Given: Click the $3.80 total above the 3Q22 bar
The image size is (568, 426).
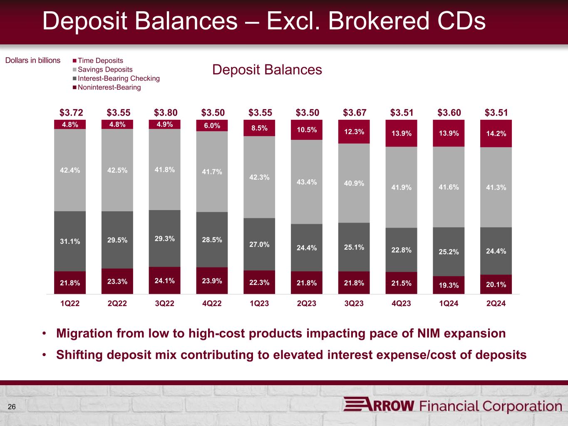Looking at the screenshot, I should [x=166, y=112].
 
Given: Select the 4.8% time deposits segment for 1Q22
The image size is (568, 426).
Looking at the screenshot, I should [x=70, y=124].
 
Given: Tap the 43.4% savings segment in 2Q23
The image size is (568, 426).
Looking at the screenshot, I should [x=307, y=182].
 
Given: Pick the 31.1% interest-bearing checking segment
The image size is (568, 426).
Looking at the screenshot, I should [x=70, y=241].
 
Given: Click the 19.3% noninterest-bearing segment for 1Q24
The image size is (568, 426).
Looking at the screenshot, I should [x=449, y=285].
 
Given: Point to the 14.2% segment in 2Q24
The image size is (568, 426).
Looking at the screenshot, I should [x=496, y=134].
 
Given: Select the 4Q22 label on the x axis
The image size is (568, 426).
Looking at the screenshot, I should [x=212, y=304].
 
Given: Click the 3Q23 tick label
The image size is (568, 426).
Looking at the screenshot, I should [x=354, y=304].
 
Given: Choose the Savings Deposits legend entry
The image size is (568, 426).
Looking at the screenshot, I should [x=105, y=69].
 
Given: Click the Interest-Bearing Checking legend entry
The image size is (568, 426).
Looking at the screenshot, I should [x=119, y=78].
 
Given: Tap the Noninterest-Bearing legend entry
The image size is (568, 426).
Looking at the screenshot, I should [x=109, y=87].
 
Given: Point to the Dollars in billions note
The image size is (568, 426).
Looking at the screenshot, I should [x=33, y=60].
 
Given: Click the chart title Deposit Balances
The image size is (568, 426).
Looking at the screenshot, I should [x=267, y=69].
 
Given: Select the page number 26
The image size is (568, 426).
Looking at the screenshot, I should [x=12, y=406].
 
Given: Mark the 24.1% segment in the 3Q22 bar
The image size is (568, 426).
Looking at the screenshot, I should [x=164, y=280].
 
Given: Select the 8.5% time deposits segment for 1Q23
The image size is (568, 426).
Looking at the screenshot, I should [x=259, y=128].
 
